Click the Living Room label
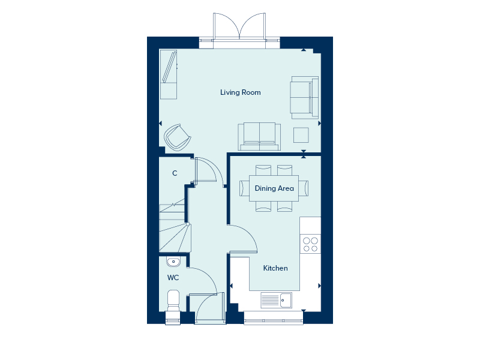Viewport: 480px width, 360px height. click(x=241, y=92)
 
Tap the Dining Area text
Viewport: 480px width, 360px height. click(x=274, y=188)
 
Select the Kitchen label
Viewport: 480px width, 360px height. click(x=275, y=268)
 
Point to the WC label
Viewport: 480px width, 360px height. click(x=173, y=278)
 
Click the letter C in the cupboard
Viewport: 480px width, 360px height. click(x=175, y=173)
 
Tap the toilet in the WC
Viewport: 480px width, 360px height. click(x=173, y=301)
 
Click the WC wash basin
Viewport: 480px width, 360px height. click(x=173, y=262)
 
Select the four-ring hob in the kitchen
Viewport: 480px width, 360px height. click(x=310, y=244)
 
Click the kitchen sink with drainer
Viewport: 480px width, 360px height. click(x=276, y=300)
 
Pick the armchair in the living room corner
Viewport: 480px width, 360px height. click(x=178, y=137)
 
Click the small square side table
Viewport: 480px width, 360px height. click(x=301, y=135)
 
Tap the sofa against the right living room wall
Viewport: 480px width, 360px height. click(x=304, y=97)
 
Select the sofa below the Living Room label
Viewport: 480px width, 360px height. click(x=259, y=137)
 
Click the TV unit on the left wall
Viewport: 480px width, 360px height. click(x=169, y=74)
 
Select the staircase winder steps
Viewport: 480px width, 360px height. click(x=175, y=238)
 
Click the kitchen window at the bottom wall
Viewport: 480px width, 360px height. click(x=274, y=318)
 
